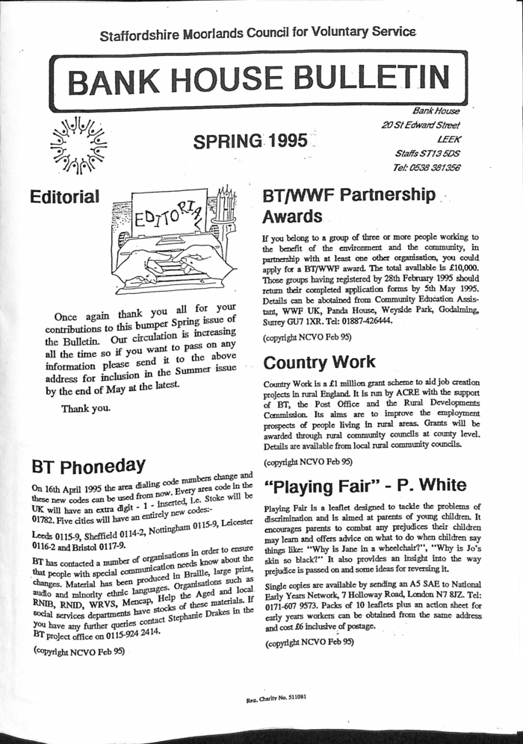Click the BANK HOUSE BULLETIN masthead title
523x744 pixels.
[x=261, y=78]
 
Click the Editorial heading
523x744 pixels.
[x=64, y=198]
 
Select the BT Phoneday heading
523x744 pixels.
[x=87, y=466]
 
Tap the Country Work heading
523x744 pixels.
[x=319, y=362]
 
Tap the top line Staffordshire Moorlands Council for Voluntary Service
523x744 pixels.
[x=258, y=32]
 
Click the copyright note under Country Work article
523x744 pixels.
[x=307, y=461]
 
